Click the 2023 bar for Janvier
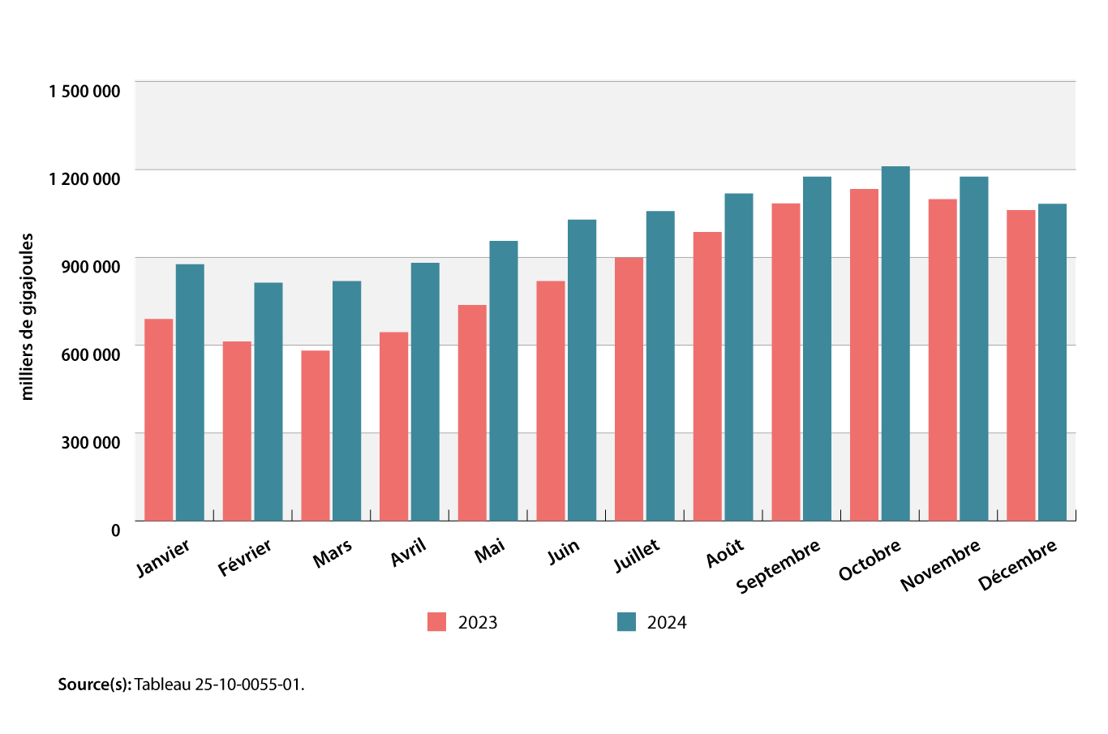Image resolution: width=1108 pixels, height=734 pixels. click(159, 420)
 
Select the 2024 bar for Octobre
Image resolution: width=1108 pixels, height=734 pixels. click(895, 344)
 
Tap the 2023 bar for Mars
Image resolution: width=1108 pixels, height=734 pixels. click(316, 436)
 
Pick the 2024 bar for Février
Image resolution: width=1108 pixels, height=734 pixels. click(268, 401)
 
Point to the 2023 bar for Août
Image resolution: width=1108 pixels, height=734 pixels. click(707, 376)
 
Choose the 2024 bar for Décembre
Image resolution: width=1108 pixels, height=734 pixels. click(1052, 363)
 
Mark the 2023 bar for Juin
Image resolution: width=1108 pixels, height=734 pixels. click(551, 401)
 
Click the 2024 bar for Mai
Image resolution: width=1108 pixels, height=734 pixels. click(504, 381)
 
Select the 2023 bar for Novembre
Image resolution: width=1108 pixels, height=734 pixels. click(943, 360)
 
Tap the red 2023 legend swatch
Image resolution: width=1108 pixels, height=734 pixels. click(437, 622)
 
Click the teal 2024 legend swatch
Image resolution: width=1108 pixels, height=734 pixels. click(626, 622)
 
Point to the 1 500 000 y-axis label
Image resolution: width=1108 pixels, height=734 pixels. click(84, 91)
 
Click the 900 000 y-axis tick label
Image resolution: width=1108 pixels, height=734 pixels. click(92, 267)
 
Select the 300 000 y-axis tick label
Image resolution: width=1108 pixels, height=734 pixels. click(92, 442)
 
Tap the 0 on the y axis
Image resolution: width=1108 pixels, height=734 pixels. click(115, 530)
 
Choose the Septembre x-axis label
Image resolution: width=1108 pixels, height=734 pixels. click(778, 566)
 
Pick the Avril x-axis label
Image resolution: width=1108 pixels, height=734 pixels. click(408, 553)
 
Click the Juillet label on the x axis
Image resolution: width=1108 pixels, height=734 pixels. click(637, 556)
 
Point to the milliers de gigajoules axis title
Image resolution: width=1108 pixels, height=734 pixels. click(28, 316)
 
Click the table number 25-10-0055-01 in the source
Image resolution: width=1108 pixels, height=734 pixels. click(248, 685)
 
